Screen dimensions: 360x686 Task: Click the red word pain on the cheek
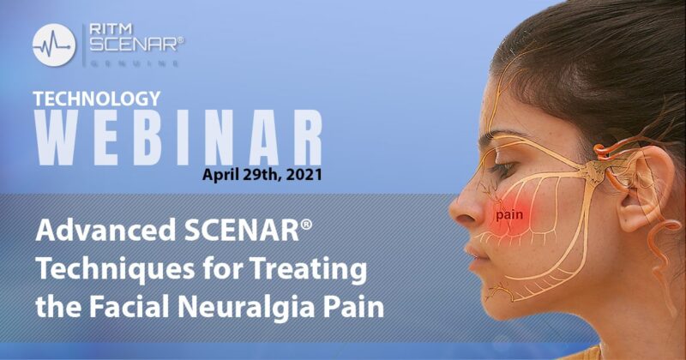(x=508, y=216)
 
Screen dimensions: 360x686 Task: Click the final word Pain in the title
(x=352, y=306)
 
